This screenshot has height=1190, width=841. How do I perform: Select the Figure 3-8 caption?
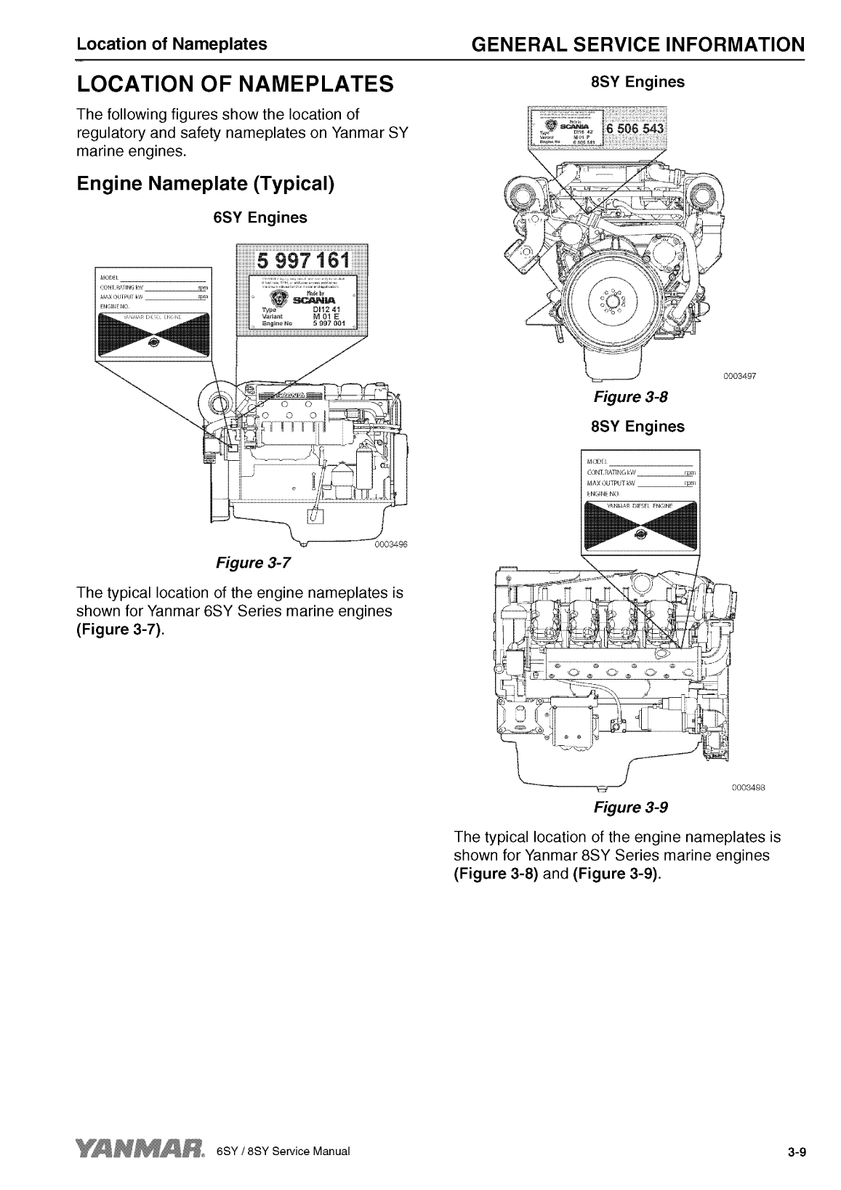pyautogui.click(x=629, y=397)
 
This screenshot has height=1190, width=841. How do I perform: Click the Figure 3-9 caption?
pyautogui.click(x=630, y=807)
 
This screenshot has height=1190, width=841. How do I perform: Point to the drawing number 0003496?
pyautogui.click(x=392, y=546)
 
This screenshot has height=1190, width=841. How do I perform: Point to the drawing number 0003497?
pyautogui.click(x=740, y=377)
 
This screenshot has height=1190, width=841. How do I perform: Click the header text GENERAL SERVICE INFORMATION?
pyautogui.click(x=637, y=45)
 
